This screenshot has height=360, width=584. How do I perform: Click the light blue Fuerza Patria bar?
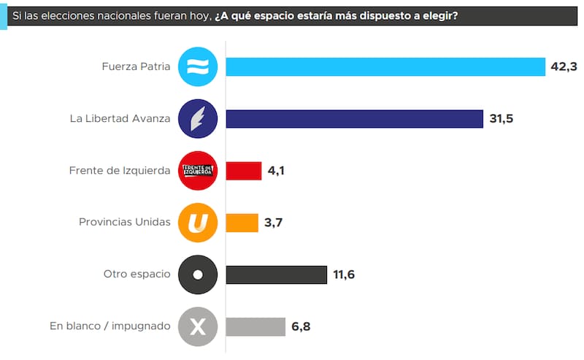(385, 66)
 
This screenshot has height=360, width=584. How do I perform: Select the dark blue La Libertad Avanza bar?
(354, 119)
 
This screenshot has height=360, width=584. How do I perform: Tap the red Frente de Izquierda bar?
(244, 171)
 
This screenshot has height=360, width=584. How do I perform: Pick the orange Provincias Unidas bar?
(242, 223)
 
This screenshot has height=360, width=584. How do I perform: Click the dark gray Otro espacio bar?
(277, 275)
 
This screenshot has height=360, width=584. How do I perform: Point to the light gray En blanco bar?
(255, 326)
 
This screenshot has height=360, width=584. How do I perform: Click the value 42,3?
(564, 67)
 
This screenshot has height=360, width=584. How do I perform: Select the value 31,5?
(502, 119)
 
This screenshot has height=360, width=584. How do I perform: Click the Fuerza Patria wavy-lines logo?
(198, 66)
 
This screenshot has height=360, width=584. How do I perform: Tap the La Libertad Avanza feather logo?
(198, 118)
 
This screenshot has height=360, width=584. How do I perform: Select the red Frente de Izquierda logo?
(198, 171)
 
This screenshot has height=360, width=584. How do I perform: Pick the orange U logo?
(198, 223)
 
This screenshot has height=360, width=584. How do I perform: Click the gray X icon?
(198, 326)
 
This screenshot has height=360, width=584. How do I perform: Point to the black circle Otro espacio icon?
(198, 275)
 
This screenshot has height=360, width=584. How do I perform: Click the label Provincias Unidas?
(124, 223)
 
